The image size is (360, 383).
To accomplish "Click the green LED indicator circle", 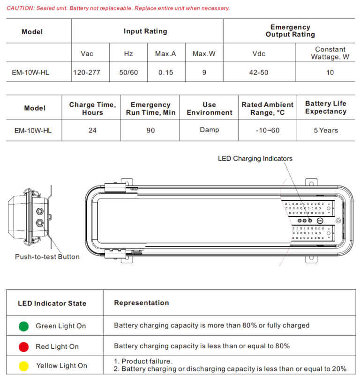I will click(23, 326).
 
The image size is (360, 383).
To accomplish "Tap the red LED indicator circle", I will click(23, 346).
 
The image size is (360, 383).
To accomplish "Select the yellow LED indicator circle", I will click(23, 366).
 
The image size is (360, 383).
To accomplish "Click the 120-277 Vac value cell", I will click(87, 73).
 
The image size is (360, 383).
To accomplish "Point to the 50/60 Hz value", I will click(128, 73).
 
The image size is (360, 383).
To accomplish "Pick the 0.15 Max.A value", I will click(165, 73).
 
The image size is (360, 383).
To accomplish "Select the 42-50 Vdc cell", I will click(259, 73).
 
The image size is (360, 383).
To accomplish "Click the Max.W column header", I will click(204, 54).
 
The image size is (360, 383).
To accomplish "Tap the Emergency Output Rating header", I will click(290, 31).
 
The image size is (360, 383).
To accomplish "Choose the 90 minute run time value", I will click(150, 130).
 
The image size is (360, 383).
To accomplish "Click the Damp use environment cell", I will click(209, 130).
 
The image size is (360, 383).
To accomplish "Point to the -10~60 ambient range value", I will click(268, 130).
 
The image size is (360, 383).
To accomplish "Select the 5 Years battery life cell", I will click(326, 130).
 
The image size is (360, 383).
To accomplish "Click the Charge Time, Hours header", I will click(92, 109).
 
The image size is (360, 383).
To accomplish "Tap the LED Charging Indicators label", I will click(255, 159).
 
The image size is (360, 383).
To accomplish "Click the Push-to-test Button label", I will click(47, 257).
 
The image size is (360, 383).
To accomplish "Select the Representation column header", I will click(142, 303).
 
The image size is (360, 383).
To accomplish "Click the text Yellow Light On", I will click(61, 366).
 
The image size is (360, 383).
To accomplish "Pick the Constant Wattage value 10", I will click(330, 73).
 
